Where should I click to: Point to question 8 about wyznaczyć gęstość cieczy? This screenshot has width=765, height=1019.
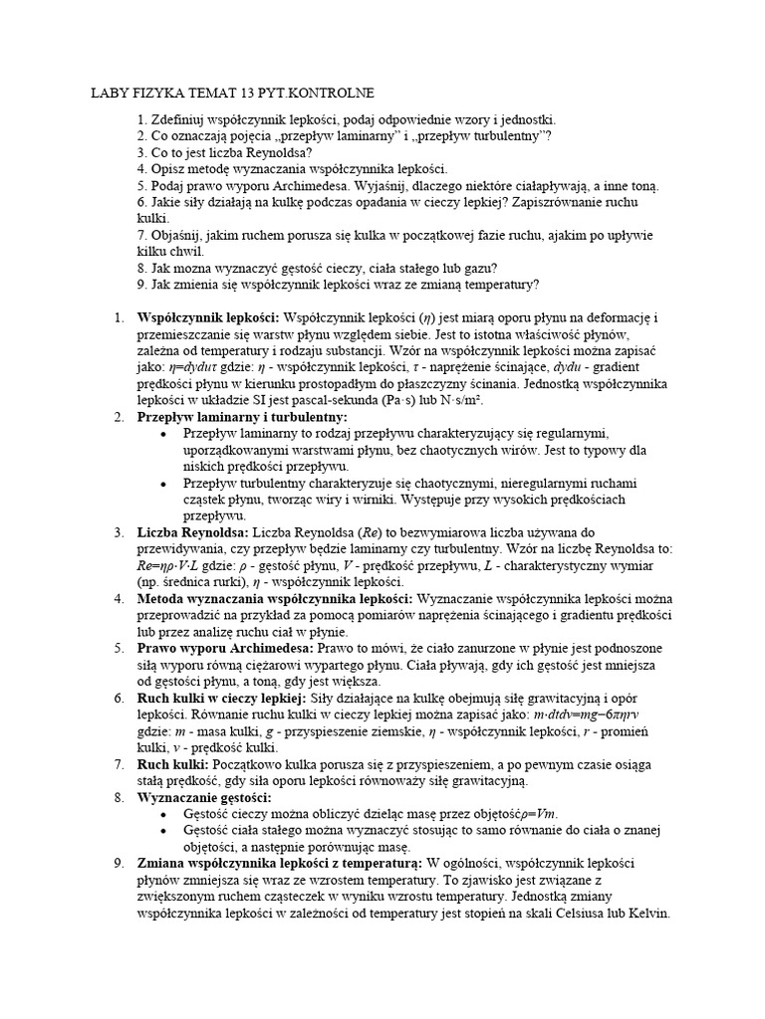click(318, 268)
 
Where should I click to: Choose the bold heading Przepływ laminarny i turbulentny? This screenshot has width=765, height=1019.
click(242, 416)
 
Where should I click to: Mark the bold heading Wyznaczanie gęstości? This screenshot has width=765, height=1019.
click(203, 797)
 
